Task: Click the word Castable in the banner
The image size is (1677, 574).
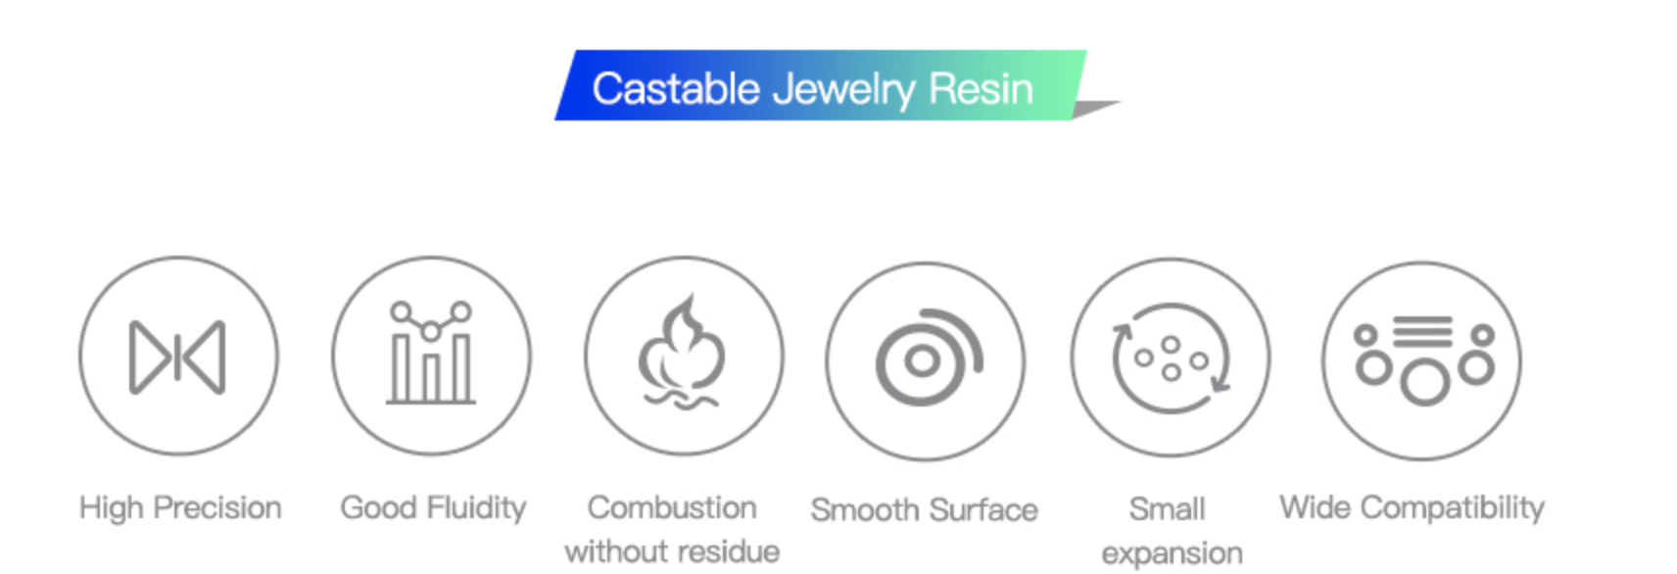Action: coord(676,89)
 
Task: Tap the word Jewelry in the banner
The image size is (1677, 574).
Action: coord(843,90)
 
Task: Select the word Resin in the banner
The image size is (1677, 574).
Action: coord(981,89)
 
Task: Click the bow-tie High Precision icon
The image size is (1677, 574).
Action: coord(177,357)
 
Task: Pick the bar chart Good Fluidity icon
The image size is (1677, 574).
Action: coord(430,353)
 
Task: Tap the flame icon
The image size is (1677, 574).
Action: coord(682,352)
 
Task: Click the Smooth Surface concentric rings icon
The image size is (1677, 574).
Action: coord(929,357)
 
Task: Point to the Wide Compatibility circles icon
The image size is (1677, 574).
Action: coord(1424,360)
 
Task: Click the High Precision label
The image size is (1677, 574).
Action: coord(180,508)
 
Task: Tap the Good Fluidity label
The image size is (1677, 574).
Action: coord(434,509)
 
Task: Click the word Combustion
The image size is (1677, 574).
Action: coord(672,508)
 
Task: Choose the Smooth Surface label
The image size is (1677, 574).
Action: coord(925,510)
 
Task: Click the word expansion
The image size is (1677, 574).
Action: coord(1173,554)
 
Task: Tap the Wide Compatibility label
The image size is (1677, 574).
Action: coord(1412,509)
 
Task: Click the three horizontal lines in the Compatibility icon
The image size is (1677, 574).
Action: coord(1422,331)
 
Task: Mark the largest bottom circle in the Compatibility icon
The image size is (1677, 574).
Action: coord(1424,383)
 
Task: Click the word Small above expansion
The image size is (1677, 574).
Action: coord(1168,509)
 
